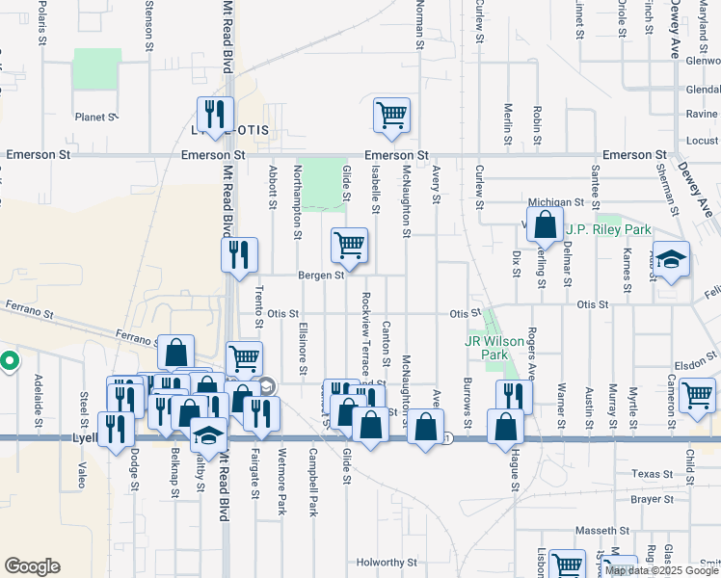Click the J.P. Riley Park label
(608, 229)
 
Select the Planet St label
(95, 118)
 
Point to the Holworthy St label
(386, 562)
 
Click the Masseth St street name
(601, 531)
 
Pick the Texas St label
(652, 474)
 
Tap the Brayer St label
(652, 501)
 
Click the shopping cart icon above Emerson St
(392, 115)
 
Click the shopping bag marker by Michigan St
(546, 224)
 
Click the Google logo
(32, 566)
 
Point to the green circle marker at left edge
(9, 362)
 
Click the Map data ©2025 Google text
(662, 570)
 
